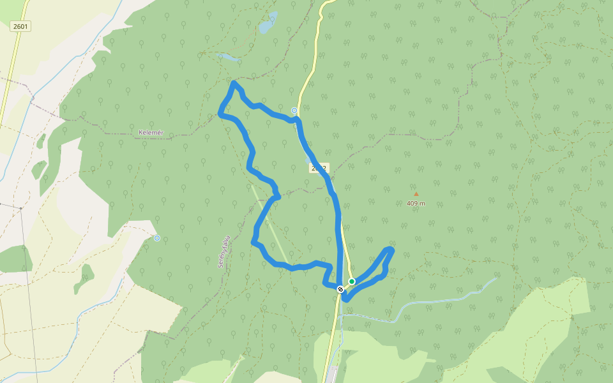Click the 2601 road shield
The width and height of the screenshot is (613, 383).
click(20, 26)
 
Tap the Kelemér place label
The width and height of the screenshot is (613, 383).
click(151, 133)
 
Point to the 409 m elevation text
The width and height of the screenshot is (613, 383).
click(416, 204)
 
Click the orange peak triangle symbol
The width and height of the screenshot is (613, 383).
click(416, 194)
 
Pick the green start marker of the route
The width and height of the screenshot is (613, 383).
click(352, 282)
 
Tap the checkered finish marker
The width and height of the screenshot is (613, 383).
click(340, 289)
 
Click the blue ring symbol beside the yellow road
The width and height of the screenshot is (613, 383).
click(294, 110)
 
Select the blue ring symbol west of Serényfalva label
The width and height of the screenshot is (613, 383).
click(157, 238)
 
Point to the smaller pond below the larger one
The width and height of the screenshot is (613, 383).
click(229, 57)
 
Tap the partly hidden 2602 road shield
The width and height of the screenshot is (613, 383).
click(319, 169)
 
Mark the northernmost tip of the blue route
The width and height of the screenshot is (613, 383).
click(234, 83)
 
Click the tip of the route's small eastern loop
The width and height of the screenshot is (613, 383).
click(390, 249)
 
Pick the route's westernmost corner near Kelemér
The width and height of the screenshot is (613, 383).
click(220, 114)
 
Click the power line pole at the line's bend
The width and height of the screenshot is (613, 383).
click(20, 208)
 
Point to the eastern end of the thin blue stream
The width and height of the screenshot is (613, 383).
click(495, 278)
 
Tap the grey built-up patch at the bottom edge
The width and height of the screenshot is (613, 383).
click(331, 375)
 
